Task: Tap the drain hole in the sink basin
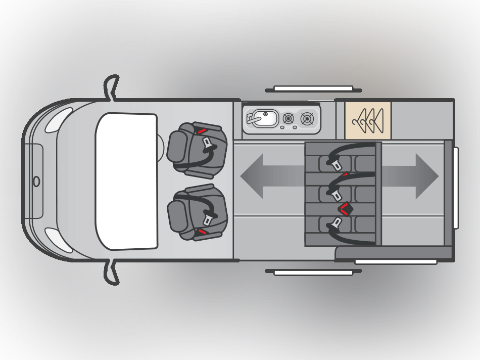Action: click(x=265, y=114)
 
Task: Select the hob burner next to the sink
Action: click(x=288, y=118)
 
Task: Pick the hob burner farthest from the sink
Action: click(x=307, y=119)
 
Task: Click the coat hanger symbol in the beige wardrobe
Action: click(x=368, y=120)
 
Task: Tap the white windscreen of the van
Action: click(x=126, y=181)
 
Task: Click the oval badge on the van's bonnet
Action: click(x=36, y=181)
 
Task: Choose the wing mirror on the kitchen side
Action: click(x=112, y=87)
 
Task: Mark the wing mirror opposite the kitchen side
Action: click(x=112, y=273)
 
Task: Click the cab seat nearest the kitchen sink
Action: click(x=197, y=149)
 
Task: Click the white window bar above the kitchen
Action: click(x=313, y=88)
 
